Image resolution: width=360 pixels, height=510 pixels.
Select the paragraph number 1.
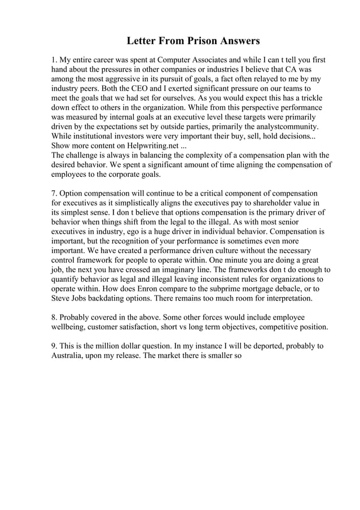point(54,60)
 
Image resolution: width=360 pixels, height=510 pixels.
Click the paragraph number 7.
point(54,193)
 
